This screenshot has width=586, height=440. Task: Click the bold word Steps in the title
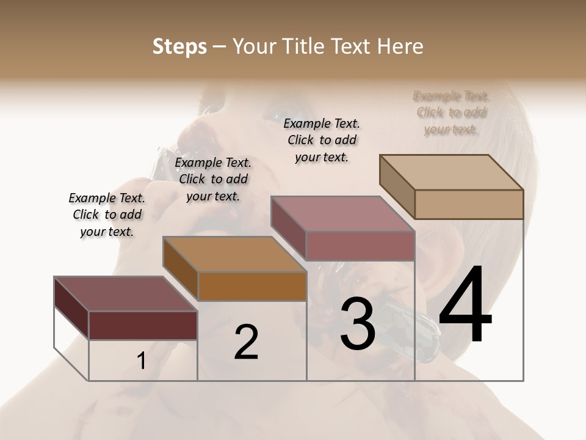tap(179, 46)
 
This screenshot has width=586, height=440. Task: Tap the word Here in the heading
tap(397, 46)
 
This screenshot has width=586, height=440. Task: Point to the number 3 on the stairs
tap(358, 324)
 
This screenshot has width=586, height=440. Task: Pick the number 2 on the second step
tap(246, 342)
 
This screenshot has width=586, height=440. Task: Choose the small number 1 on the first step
tap(141, 361)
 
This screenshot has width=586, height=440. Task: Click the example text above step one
tap(107, 215)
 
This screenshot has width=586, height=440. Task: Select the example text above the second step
tap(213, 179)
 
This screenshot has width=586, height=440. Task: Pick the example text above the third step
tap(322, 140)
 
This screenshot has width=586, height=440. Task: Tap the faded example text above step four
tap(451, 112)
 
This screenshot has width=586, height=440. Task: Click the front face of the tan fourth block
tap(469, 204)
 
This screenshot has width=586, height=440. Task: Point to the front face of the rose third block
tap(360, 246)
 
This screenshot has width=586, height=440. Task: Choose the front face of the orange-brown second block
tap(252, 286)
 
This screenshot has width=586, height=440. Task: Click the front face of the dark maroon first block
tap(143, 325)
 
